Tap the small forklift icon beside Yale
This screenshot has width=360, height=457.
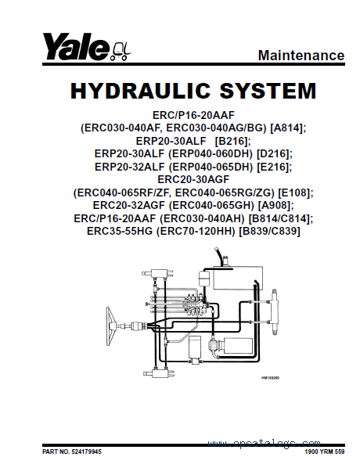[x=121, y=52]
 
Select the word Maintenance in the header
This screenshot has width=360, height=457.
[x=301, y=55]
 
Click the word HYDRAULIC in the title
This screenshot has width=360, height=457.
[x=140, y=90]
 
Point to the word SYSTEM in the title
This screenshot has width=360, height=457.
[x=268, y=90]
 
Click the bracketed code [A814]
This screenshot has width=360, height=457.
[x=288, y=128]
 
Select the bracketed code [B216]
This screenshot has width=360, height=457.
[x=232, y=141]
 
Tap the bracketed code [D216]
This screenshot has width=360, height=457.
[x=274, y=153]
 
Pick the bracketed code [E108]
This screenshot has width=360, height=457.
[x=296, y=193]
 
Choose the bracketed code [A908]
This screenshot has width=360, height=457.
[x=275, y=206]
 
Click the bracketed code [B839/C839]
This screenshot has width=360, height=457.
[x=269, y=231]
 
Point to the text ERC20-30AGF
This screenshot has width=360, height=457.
[x=193, y=179]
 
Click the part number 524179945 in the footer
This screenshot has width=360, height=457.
[x=86, y=452]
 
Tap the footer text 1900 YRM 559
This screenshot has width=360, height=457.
[x=325, y=452]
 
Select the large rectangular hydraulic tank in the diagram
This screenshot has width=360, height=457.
[x=238, y=278]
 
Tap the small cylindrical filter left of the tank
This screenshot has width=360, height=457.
[x=203, y=279]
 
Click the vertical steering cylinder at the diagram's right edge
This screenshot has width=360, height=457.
[x=275, y=312]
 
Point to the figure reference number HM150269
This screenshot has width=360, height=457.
[x=270, y=378]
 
